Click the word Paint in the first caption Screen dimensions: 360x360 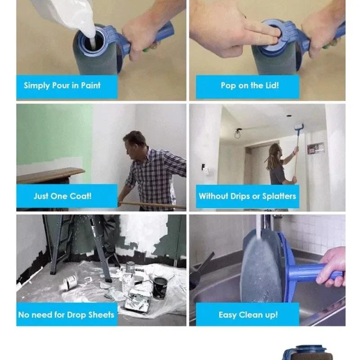(x=90, y=85)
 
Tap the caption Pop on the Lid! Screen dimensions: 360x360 (x=249, y=85)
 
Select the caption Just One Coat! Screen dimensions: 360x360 (x=62, y=196)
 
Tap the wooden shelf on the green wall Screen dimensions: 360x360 (x=49, y=175)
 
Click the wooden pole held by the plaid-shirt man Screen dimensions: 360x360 (x=153, y=205)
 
